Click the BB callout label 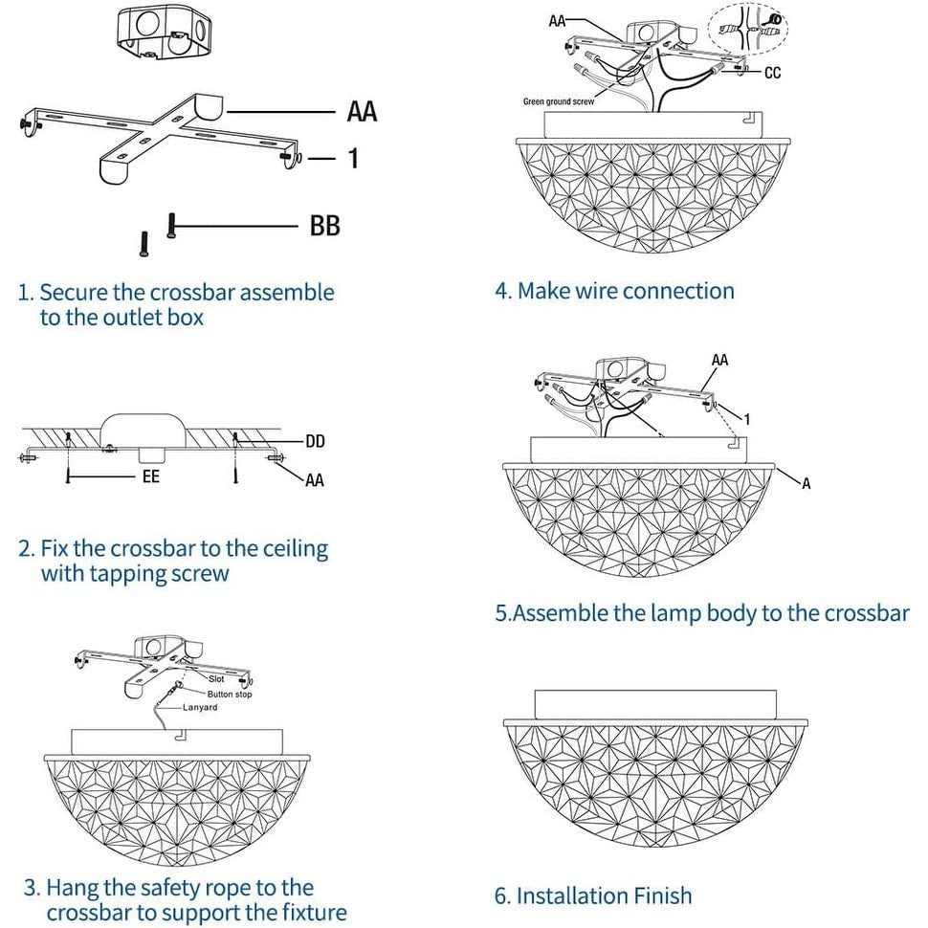click(x=324, y=226)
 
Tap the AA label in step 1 click(x=362, y=112)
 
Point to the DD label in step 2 click(x=315, y=441)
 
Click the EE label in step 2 click(x=150, y=475)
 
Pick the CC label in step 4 click(x=772, y=73)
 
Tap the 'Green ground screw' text click(x=559, y=100)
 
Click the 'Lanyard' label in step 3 click(x=200, y=707)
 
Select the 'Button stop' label click(x=230, y=694)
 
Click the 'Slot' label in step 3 click(x=216, y=678)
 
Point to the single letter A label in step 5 click(x=806, y=484)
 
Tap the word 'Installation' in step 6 click(x=572, y=895)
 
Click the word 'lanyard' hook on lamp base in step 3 click(x=178, y=735)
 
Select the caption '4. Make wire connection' click(x=614, y=291)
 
